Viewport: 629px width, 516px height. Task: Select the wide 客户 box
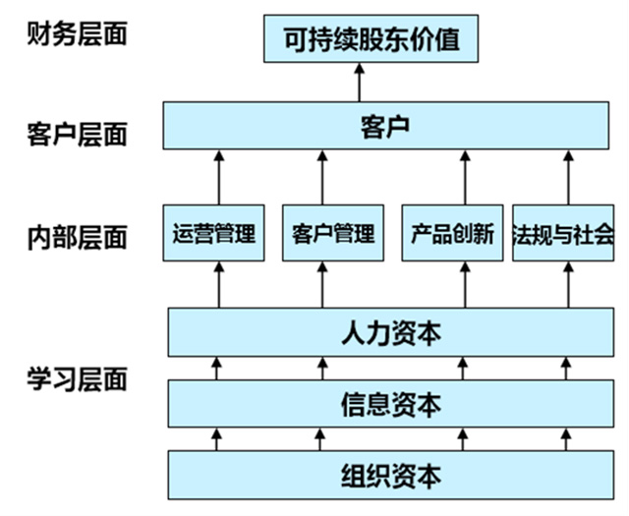pyautogui.click(x=385, y=126)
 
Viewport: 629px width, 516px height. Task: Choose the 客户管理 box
pyautogui.click(x=333, y=233)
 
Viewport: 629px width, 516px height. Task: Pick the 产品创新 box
pyautogui.click(x=452, y=233)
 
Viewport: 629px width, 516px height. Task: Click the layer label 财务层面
pyautogui.click(x=78, y=35)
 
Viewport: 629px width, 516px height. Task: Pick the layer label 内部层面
pyautogui.click(x=78, y=237)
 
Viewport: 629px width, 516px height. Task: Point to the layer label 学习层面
pyautogui.click(x=78, y=379)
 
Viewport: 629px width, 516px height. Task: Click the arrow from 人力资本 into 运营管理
pyautogui.click(x=219, y=285)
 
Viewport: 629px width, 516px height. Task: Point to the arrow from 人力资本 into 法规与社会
pyautogui.click(x=567, y=285)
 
